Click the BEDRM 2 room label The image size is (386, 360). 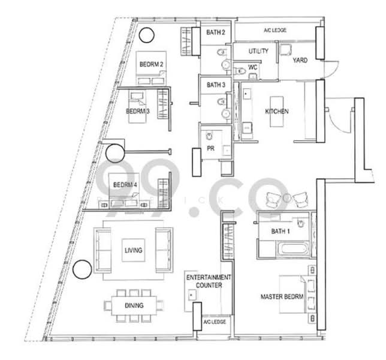click(x=151, y=64)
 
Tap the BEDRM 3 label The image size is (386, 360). click(x=138, y=111)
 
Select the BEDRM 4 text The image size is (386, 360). click(x=125, y=185)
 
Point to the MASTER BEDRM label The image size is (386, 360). click(x=282, y=296)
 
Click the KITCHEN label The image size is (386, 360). click(x=277, y=112)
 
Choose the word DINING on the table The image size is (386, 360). click(x=134, y=305)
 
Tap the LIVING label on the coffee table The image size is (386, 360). click(x=134, y=250)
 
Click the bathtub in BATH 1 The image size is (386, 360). click(x=294, y=248)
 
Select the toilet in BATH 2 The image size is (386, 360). click(x=222, y=52)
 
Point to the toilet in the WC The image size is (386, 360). click(x=240, y=71)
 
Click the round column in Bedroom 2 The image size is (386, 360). click(x=147, y=35)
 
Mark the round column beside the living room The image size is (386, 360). click(x=82, y=269)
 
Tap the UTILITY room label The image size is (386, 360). click(x=258, y=51)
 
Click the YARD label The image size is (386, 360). click(x=300, y=60)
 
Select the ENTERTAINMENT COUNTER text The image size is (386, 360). click(x=209, y=281)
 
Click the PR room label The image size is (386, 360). click(x=210, y=148)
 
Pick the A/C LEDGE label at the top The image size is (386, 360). click(x=275, y=31)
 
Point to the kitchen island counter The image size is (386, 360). click(x=277, y=112)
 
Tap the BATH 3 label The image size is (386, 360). click(x=216, y=85)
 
